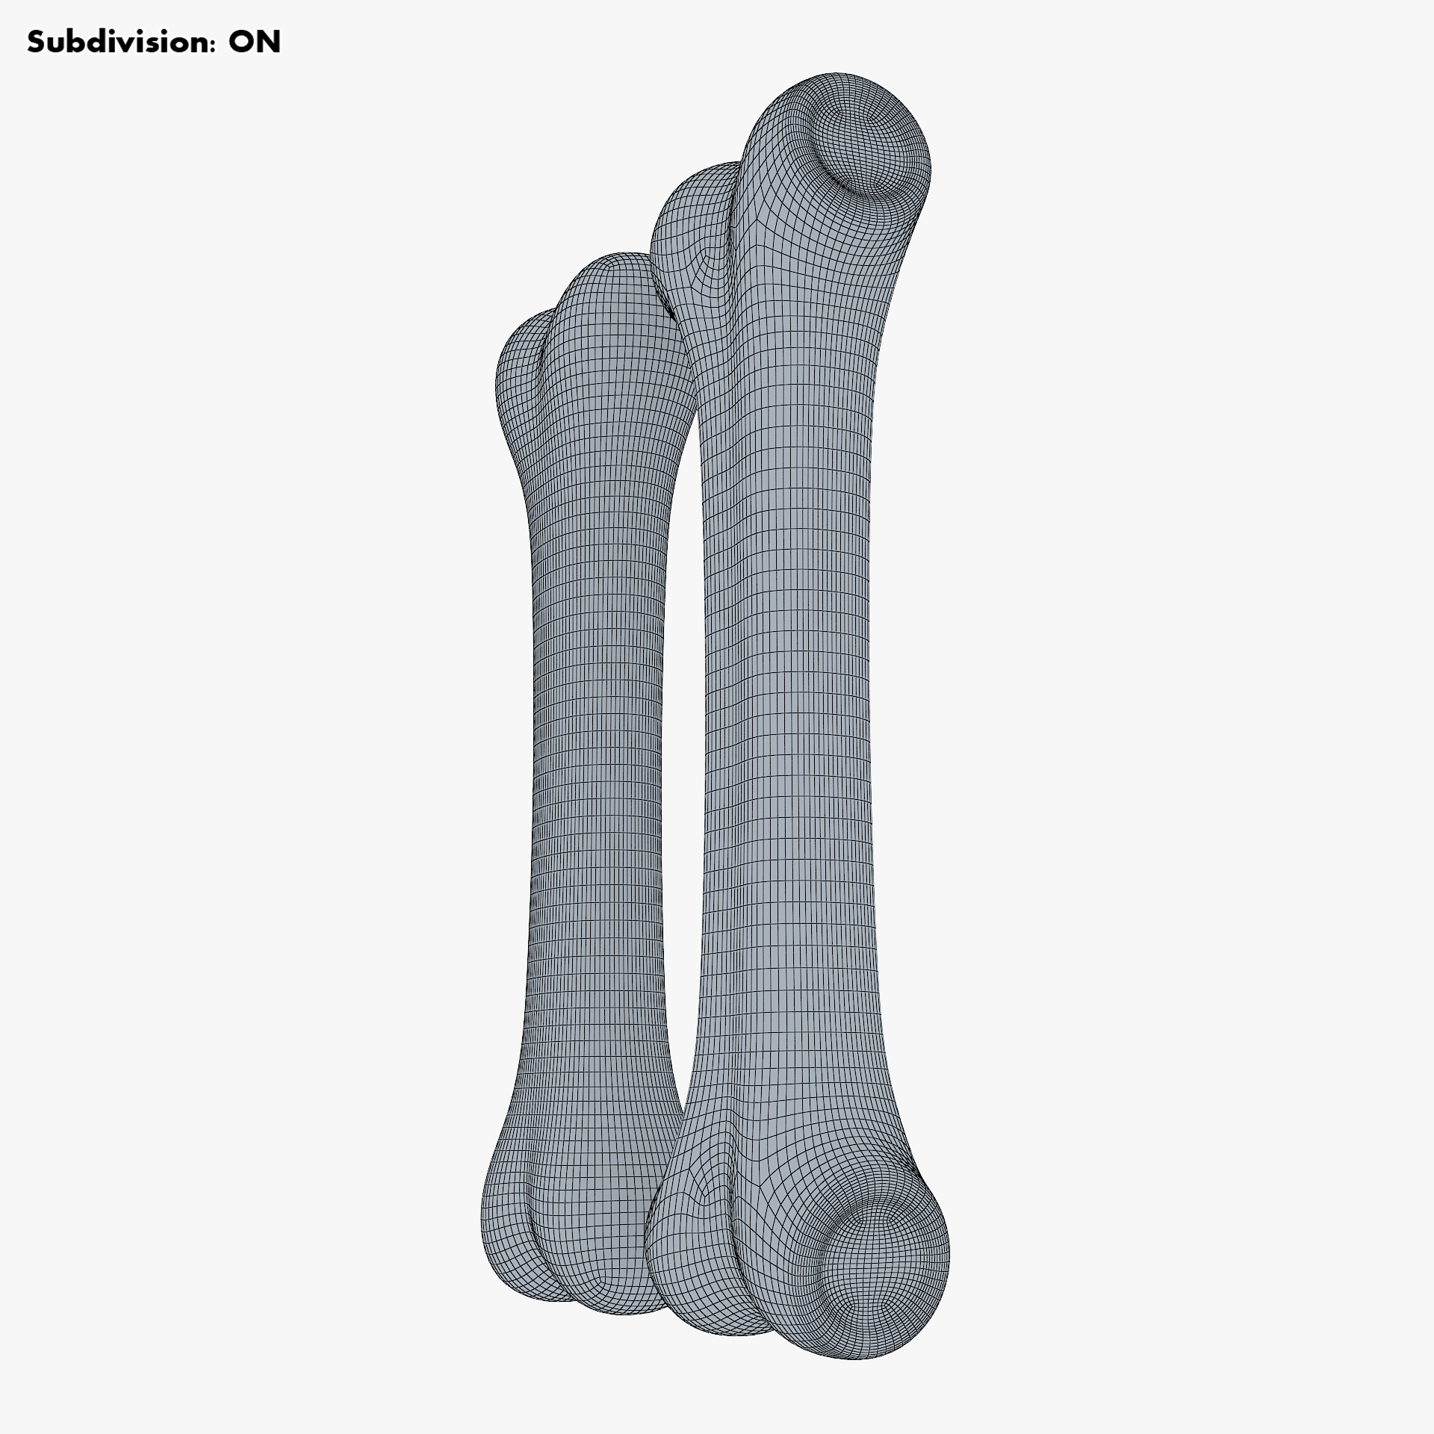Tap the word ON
pos(255,43)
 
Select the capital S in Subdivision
pos(37,43)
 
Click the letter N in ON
pos(269,43)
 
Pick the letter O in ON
pos(241,43)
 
